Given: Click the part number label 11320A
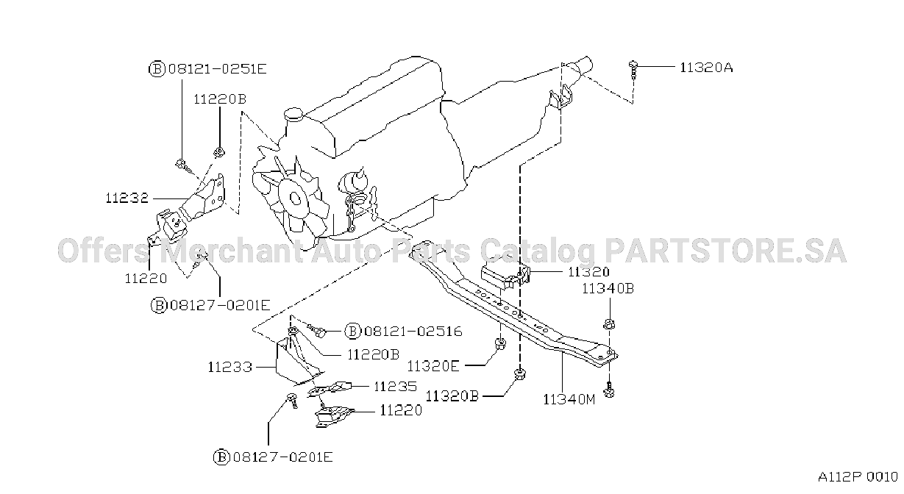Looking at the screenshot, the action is [706, 68].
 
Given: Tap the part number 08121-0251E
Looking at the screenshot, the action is [218, 69].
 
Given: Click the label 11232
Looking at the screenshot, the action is [127, 198].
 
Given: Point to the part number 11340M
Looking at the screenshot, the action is [569, 399].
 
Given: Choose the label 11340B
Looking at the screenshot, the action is [608, 288].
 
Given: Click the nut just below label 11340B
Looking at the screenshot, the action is [608, 324].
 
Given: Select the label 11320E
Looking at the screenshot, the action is [433, 366].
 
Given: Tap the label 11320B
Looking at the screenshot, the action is [452, 396].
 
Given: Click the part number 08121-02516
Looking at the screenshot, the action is [413, 331].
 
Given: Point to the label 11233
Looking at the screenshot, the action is [230, 367].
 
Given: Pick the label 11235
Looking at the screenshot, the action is [396, 387].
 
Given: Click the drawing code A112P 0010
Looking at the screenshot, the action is [858, 477].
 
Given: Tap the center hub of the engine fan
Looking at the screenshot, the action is [296, 198].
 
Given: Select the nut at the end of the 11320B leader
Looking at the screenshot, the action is [521, 374].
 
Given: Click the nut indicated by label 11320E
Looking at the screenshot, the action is [500, 344].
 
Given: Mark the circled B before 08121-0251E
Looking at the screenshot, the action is [157, 69].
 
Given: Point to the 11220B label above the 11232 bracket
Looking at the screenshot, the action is [220, 99].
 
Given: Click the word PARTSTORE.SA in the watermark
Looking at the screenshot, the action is [725, 251].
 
